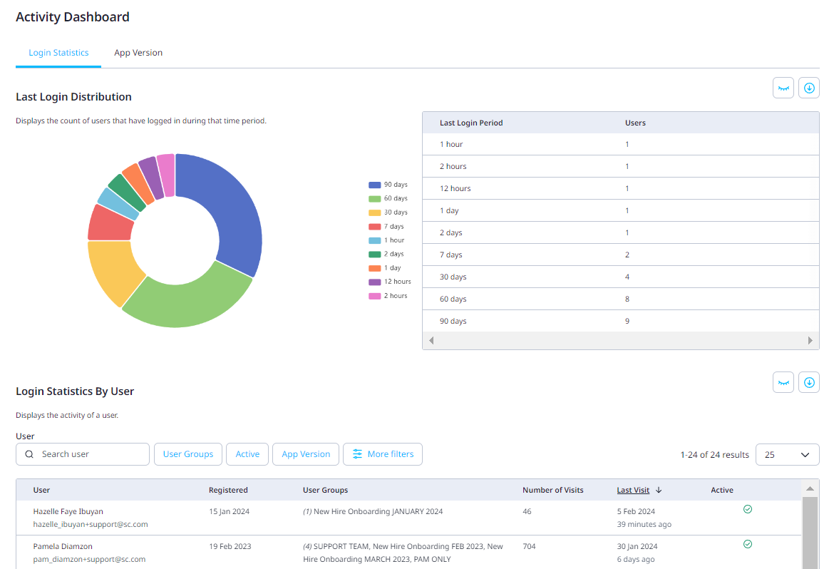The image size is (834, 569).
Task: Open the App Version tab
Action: [x=138, y=53]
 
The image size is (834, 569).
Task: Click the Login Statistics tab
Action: [x=58, y=53]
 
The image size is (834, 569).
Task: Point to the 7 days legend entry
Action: [x=388, y=226]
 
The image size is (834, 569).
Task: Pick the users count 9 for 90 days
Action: [x=627, y=321]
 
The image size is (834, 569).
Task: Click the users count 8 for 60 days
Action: [x=627, y=299]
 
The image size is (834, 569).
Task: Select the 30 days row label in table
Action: [x=453, y=277]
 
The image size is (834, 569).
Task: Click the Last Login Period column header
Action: [x=471, y=123]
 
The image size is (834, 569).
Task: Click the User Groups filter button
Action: [x=188, y=454]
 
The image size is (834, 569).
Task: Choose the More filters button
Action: [x=383, y=454]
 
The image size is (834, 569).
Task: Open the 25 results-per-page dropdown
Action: [x=787, y=454]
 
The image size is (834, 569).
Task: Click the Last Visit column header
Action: [x=633, y=490]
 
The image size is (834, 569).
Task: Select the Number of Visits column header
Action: [x=552, y=490]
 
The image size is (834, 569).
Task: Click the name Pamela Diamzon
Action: [x=63, y=546]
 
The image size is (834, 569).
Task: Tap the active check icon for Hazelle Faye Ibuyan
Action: [x=748, y=509]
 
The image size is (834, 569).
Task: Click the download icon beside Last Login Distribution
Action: [x=809, y=88]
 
